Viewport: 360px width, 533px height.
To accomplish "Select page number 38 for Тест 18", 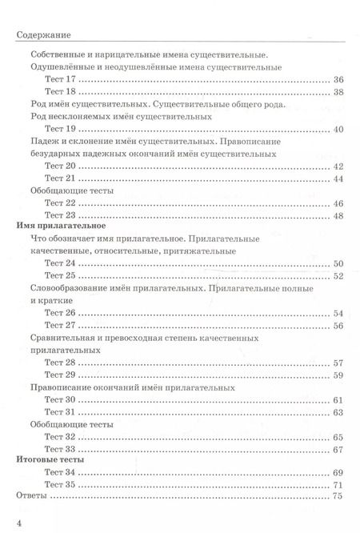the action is coord(337,93).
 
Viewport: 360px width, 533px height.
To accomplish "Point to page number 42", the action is coord(337,166).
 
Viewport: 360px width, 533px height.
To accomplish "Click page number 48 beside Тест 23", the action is coord(337,216).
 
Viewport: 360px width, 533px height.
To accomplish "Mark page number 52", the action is coord(337,276).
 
